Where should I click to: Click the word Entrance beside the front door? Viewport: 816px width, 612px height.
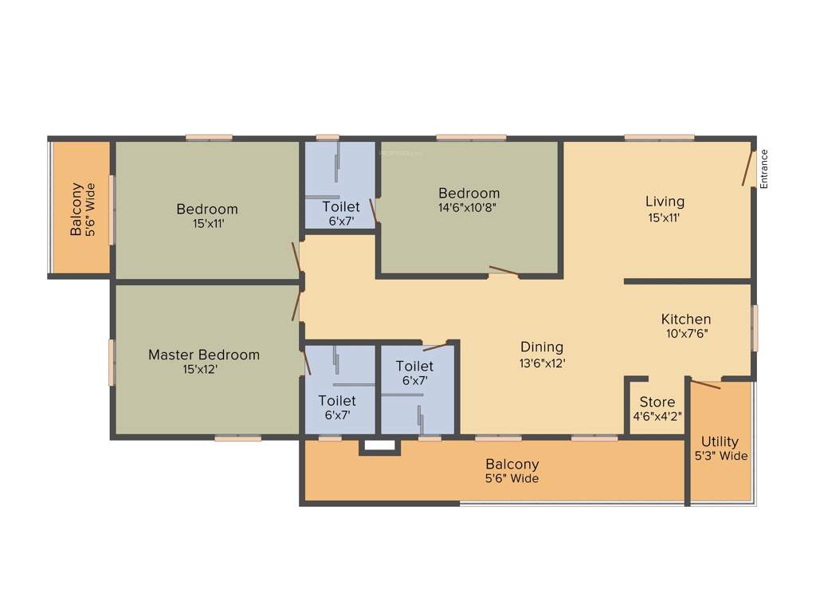763,169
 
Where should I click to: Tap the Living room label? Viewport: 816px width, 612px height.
665,202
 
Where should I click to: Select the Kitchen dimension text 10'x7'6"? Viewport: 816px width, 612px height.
685,334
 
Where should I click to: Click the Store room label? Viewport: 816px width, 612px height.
657,402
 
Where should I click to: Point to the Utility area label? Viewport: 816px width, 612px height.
720,441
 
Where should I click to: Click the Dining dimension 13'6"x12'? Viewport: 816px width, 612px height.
542,362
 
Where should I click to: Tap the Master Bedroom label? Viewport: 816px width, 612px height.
204,355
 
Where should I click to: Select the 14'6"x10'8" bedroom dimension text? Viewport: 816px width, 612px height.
469,208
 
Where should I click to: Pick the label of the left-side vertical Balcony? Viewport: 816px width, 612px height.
76,210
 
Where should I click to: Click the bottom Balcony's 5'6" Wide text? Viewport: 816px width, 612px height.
512,479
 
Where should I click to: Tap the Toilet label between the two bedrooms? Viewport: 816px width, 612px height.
340,207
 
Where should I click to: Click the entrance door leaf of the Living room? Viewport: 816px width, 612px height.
747,168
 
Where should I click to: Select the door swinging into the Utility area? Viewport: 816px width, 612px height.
705,385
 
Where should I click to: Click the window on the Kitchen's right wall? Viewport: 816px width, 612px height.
755,328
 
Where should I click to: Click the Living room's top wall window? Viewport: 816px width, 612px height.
658,138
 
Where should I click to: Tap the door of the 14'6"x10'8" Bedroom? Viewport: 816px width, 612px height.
504,271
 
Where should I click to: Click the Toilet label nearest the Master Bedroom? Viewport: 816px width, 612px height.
337,401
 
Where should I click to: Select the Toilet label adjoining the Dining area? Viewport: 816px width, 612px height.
414,366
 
